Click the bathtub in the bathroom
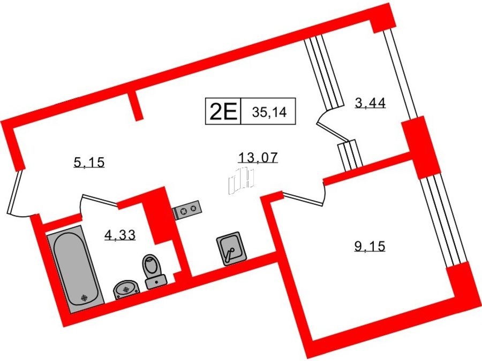76,269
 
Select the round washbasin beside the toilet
126,289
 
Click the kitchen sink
232,248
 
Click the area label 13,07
258,157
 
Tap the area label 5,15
89,162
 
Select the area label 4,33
120,235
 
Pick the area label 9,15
370,246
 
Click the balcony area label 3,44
370,103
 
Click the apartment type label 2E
223,111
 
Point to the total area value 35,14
269,112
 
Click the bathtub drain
84,297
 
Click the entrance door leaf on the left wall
14,192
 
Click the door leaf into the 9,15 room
303,198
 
